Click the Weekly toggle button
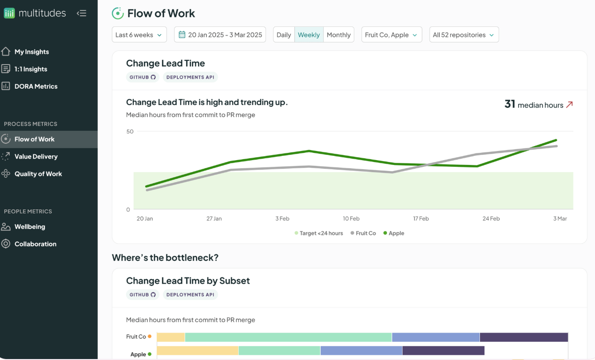pyautogui.click(x=309, y=35)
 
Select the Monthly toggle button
pyautogui.click(x=338, y=35)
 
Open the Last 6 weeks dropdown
pyautogui.click(x=139, y=35)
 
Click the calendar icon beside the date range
pyautogui.click(x=182, y=35)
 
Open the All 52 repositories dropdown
pyautogui.click(x=464, y=35)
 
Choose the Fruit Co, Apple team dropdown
pyautogui.click(x=392, y=35)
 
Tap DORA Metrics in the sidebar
pyautogui.click(x=36, y=86)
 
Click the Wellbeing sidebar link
pyautogui.click(x=30, y=227)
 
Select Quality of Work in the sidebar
pyautogui.click(x=38, y=174)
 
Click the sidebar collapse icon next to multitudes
pyautogui.click(x=82, y=13)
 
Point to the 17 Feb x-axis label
pyautogui.click(x=421, y=219)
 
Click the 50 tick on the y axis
pyautogui.click(x=130, y=131)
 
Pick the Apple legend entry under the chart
pyautogui.click(x=394, y=233)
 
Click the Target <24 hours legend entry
pyautogui.click(x=319, y=233)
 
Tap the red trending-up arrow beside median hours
pyautogui.click(x=569, y=105)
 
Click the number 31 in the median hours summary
pyautogui.click(x=510, y=104)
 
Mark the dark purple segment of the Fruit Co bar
pyautogui.click(x=524, y=337)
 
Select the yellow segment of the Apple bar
pyautogui.click(x=198, y=350)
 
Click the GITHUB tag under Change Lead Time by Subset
pyautogui.click(x=143, y=295)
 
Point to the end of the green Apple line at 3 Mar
pyautogui.click(x=556, y=140)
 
